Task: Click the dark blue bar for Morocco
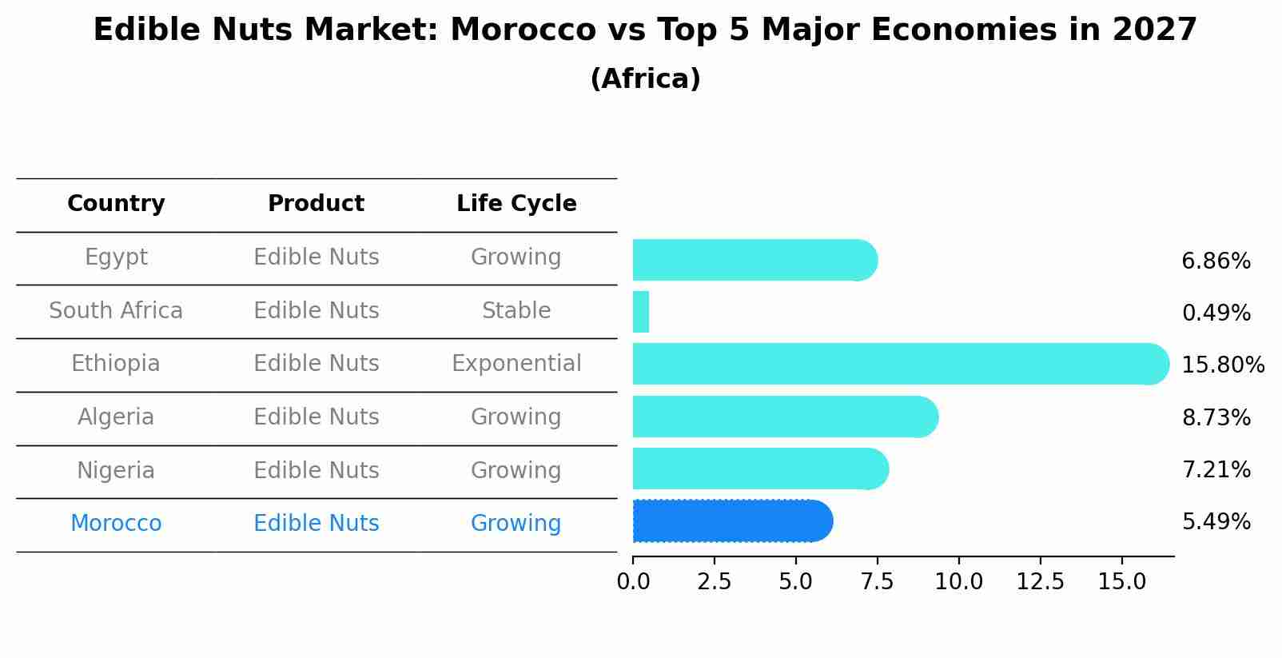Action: click(731, 521)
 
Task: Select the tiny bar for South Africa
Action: click(641, 312)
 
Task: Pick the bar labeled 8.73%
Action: click(783, 417)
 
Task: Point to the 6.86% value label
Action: click(1216, 261)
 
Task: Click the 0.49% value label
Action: click(1216, 313)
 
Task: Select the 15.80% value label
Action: click(1223, 365)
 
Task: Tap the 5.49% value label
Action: click(1216, 522)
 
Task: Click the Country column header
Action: click(116, 204)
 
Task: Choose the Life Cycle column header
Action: click(516, 204)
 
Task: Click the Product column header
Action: click(316, 204)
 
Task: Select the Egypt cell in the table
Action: click(116, 257)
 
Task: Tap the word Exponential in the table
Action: click(516, 364)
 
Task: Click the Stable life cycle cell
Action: click(516, 311)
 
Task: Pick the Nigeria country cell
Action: click(116, 471)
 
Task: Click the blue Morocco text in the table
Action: click(116, 524)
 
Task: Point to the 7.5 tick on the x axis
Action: click(877, 582)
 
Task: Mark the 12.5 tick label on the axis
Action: click(1040, 582)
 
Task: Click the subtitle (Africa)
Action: click(645, 79)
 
